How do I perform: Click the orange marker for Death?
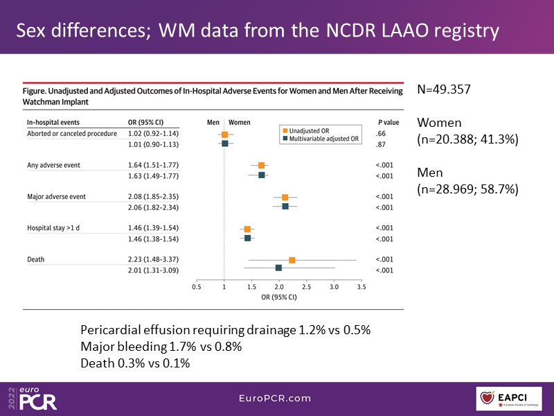292,260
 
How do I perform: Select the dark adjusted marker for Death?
278,268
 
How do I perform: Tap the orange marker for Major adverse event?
285,198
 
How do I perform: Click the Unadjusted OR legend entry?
311,130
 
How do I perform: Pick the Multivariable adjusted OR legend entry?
321,138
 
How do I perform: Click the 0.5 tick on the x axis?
197,286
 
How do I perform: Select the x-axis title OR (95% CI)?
278,297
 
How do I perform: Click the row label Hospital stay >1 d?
55,228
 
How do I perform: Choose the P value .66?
380,133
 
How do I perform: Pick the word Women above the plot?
240,122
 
